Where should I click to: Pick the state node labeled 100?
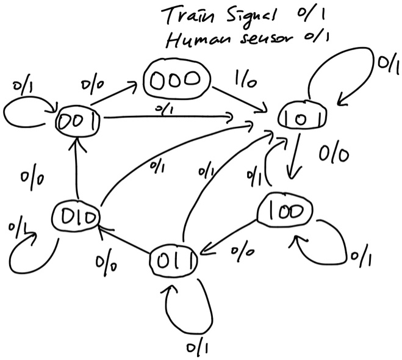pyautogui.click(x=284, y=211)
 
